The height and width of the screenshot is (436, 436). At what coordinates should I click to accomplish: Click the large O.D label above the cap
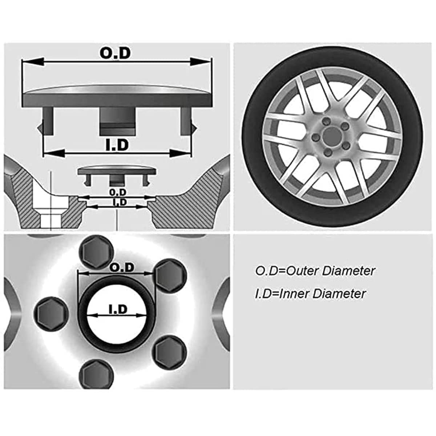pos(115,53)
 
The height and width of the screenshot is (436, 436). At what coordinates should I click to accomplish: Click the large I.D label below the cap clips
pos(117,145)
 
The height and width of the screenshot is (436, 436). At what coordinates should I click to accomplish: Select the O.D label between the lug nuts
pos(122,268)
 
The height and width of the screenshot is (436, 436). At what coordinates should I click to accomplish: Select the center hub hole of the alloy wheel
pos(331,137)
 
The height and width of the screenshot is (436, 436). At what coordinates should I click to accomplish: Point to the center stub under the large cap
pos(117,122)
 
